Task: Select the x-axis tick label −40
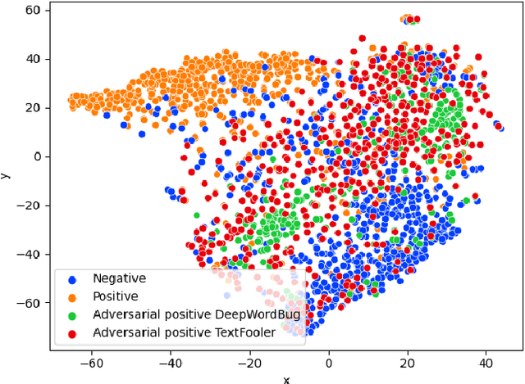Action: pos(171,361)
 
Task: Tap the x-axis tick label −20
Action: pos(249,361)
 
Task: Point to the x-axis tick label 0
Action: pos(329,361)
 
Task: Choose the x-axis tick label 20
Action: pos(408,361)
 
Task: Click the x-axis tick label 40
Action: pos(486,361)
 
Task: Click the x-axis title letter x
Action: pos(286,377)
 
